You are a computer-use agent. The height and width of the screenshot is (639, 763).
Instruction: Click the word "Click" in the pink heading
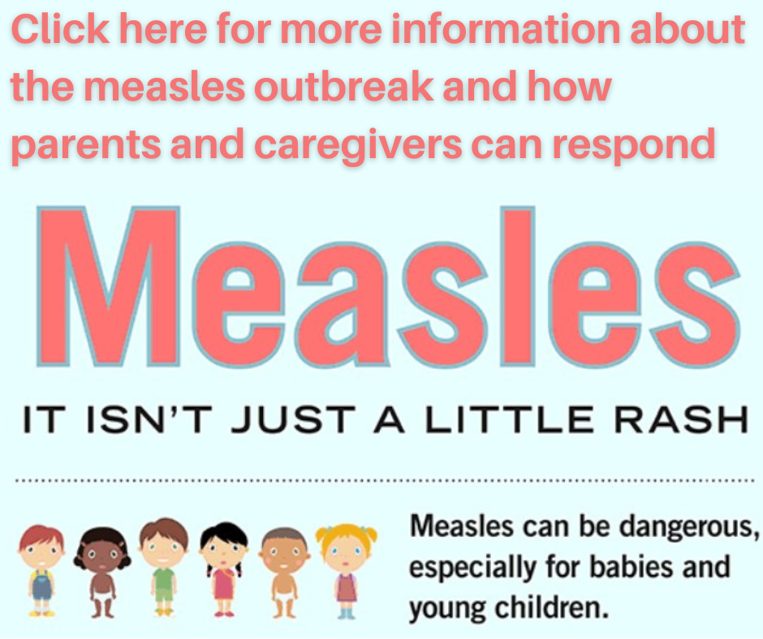(60, 29)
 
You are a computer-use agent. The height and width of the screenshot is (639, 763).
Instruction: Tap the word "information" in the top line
(506, 29)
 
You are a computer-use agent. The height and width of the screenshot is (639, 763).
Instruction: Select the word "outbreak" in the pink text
(343, 86)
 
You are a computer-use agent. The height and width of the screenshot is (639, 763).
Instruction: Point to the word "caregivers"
(358, 145)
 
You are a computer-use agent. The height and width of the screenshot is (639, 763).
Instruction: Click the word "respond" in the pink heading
(634, 145)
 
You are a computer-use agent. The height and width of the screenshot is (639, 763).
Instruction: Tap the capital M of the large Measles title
(108, 286)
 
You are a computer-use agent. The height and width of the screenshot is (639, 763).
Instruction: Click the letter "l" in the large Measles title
(518, 286)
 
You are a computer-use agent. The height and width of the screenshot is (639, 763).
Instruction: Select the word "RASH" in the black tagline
(681, 419)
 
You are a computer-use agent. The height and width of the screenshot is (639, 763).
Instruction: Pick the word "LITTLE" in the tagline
(509, 419)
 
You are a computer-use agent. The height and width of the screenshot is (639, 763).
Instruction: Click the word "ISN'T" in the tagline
(149, 419)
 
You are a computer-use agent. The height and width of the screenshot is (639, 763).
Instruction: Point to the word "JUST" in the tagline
(293, 419)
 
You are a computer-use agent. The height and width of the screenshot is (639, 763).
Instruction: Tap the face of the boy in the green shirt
(163, 548)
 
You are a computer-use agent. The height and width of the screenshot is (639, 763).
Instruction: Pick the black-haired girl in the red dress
(224, 570)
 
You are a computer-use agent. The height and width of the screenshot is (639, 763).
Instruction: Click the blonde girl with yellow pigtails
(346, 570)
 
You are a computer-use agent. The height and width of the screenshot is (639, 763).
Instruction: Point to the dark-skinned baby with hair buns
(102, 572)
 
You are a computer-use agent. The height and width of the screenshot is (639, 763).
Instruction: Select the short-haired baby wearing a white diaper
(285, 572)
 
